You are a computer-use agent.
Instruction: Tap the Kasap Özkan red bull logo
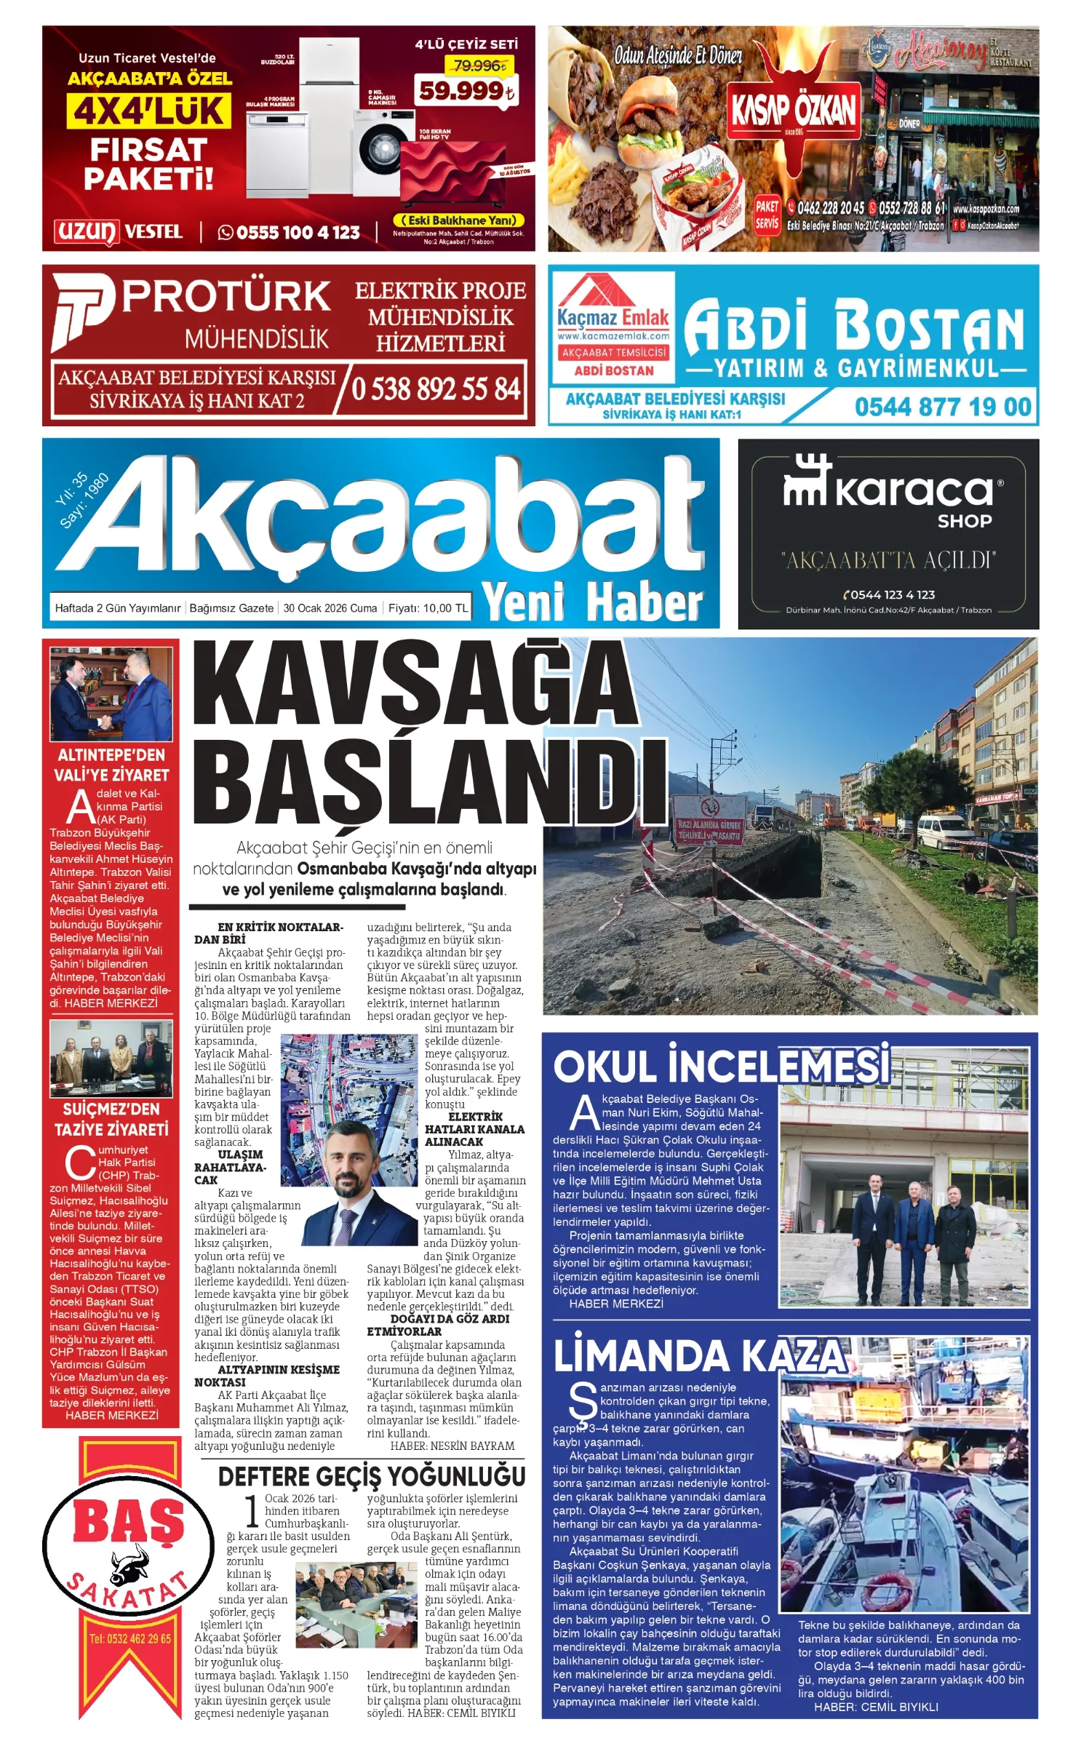click(794, 102)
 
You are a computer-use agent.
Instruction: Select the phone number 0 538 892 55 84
click(435, 389)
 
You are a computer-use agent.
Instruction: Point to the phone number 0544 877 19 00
click(943, 407)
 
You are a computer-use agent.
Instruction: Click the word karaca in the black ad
click(913, 491)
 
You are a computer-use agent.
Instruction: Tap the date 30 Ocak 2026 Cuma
click(330, 608)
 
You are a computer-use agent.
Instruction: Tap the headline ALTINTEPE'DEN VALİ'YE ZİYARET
click(111, 765)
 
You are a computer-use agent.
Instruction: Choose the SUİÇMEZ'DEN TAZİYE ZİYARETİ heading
click(111, 1119)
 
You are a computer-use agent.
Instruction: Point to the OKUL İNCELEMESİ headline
click(722, 1067)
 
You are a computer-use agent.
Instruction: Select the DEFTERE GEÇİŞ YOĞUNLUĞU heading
click(371, 1476)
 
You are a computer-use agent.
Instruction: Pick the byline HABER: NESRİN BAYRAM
click(452, 1446)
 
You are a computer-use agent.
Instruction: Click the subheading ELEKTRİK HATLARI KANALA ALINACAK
click(474, 1129)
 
